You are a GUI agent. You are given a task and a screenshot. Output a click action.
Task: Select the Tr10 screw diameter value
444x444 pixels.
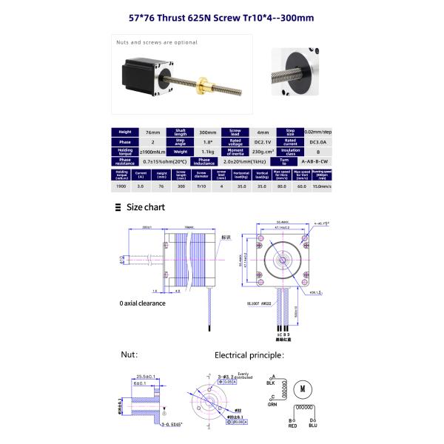[x=201, y=187]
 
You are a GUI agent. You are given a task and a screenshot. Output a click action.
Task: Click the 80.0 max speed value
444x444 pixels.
[x=281, y=187]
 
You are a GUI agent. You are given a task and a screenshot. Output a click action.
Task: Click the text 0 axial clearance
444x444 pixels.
[x=142, y=303]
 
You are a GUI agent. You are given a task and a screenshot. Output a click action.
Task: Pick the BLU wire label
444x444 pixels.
[x=313, y=427]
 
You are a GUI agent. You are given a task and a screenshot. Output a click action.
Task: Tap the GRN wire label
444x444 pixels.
[x=273, y=405]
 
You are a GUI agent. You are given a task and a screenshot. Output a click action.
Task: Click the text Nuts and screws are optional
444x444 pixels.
[x=156, y=42]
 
